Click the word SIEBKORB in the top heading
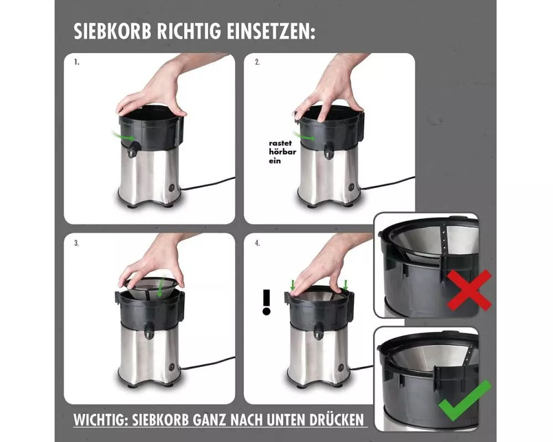112,31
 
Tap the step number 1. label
76,62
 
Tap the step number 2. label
258,62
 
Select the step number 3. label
76,243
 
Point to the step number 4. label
258,243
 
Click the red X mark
469,290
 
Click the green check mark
465,401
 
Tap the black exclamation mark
267,302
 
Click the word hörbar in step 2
283,152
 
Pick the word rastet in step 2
280,143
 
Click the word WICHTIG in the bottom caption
99,420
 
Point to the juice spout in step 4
319,333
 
